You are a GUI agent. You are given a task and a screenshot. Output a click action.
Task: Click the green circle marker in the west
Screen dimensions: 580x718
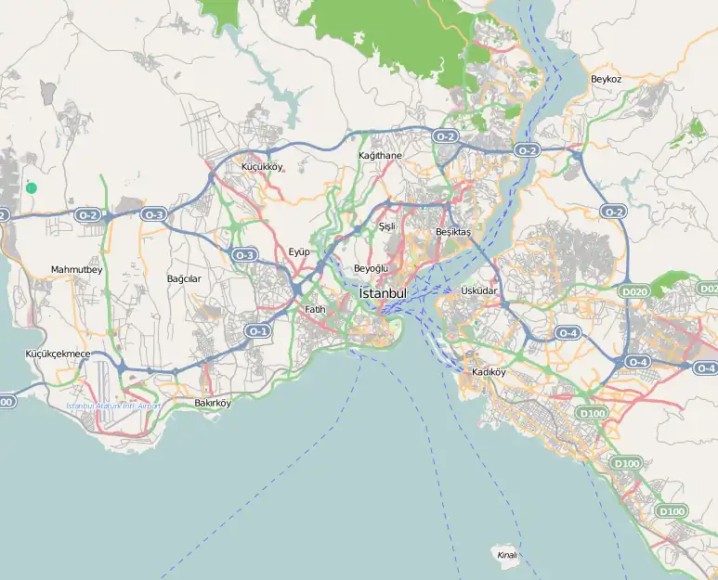tap(32, 187)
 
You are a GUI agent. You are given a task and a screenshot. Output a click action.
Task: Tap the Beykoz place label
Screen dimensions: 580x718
tap(606, 80)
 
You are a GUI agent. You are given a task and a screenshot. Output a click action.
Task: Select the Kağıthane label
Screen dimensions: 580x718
tap(380, 156)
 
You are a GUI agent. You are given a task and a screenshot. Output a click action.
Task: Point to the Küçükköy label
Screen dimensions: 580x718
tap(261, 167)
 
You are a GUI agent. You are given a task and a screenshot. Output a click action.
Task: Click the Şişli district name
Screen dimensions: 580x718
tap(387, 226)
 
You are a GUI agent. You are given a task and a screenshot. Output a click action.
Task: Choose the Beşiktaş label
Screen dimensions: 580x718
tap(453, 232)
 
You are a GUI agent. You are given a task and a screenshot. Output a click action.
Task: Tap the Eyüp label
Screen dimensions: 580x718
tap(298, 251)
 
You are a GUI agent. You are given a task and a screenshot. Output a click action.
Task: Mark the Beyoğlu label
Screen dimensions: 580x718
tap(371, 268)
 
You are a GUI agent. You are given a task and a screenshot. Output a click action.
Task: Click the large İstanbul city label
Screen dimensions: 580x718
tap(383, 293)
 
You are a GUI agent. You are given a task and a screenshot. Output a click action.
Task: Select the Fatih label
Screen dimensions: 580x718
tap(315, 309)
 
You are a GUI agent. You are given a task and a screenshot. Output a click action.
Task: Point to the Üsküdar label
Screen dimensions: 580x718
tap(479, 291)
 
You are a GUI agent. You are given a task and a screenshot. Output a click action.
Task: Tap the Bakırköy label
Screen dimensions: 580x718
tap(212, 403)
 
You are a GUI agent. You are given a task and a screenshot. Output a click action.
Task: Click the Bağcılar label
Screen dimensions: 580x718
tap(183, 278)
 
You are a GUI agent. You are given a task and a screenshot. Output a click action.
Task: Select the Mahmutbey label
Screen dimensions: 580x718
tap(76, 270)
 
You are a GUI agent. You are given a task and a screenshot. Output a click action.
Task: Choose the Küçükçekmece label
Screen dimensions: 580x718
tap(58, 354)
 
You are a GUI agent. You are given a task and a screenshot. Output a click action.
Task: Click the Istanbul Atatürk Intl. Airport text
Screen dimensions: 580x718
tap(113, 406)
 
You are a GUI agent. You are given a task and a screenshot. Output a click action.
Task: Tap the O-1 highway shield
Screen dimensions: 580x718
tap(257, 330)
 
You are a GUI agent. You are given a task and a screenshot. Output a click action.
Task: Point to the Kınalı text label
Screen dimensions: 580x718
tap(506, 555)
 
